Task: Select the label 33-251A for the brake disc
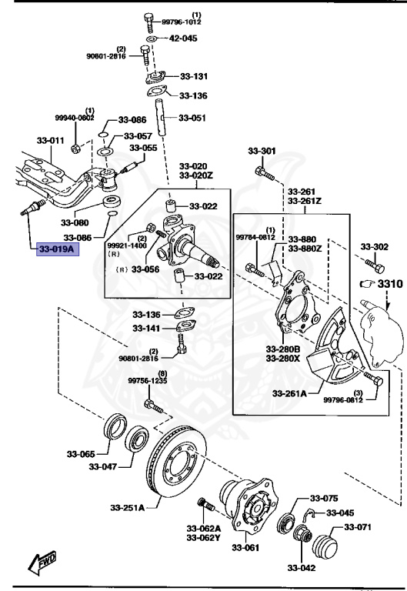(x=128, y=506)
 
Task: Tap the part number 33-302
(x=375, y=247)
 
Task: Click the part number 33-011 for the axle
(x=51, y=141)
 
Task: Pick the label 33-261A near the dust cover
(x=289, y=393)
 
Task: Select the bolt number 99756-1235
(x=147, y=380)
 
